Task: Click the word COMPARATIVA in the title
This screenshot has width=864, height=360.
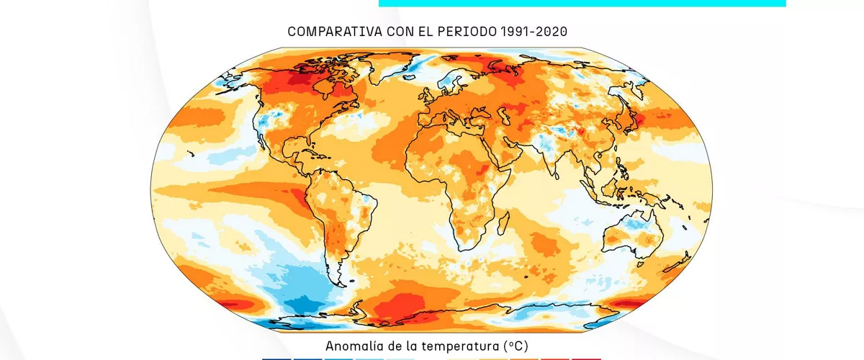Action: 335,32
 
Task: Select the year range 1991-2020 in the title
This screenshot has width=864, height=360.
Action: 534,32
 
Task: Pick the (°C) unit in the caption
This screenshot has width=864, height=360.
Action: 516,346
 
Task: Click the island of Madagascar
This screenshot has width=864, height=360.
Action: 503,223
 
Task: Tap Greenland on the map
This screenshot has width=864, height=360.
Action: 390,66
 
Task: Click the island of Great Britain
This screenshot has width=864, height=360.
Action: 428,95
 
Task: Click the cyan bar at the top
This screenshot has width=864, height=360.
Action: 582,3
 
